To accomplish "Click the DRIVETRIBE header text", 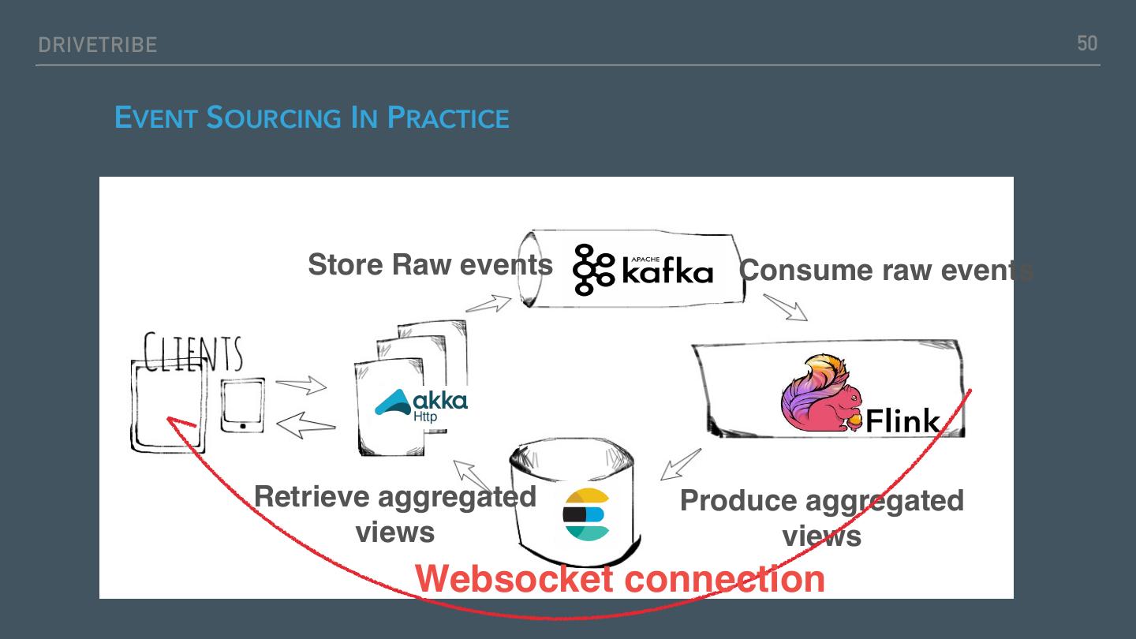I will click(97, 45).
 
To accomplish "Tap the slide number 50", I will click(1087, 43).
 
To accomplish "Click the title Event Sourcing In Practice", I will click(312, 118).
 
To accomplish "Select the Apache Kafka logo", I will click(643, 270).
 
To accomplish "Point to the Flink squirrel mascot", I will click(820, 394).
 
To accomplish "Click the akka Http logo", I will click(421, 403).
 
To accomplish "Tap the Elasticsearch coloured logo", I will click(586, 514).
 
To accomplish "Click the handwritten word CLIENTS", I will click(193, 353).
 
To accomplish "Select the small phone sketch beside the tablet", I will click(241, 405).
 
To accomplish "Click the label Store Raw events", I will click(430, 264).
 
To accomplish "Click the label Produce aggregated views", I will click(821, 518).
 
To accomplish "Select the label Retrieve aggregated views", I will click(395, 514).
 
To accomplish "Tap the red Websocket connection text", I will click(620, 578).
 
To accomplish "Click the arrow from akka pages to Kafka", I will click(489, 303).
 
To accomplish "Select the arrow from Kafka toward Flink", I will click(786, 307).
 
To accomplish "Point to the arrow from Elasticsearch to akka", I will click(473, 476).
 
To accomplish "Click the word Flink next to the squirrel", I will click(903, 421).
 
